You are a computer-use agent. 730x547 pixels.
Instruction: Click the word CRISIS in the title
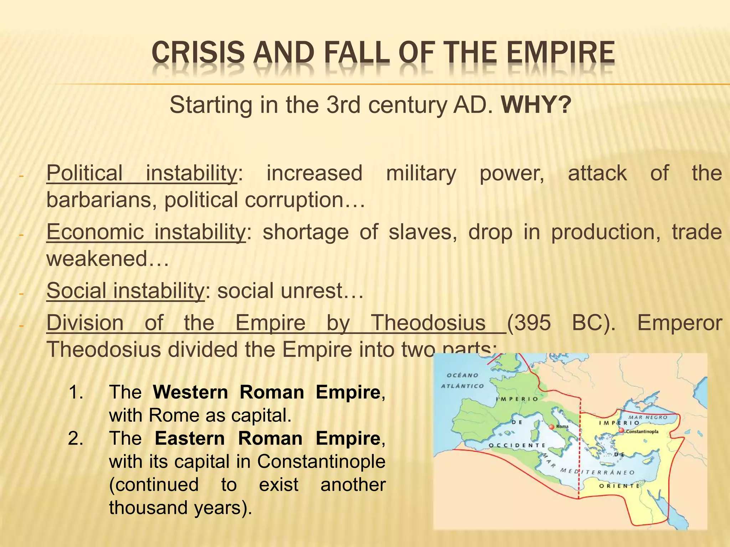tap(198, 53)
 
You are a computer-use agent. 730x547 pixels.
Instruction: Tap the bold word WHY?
tap(536, 105)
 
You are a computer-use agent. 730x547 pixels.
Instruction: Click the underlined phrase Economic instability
tap(146, 232)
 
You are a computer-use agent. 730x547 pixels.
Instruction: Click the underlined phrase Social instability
tap(125, 291)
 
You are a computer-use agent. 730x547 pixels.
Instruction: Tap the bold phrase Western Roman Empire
tap(267, 392)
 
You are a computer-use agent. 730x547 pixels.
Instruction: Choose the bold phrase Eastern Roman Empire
tap(267, 438)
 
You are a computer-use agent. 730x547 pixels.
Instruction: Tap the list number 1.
tap(76, 392)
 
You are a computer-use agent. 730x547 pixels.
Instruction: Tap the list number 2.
tap(76, 438)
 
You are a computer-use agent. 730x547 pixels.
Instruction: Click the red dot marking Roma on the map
tap(551, 426)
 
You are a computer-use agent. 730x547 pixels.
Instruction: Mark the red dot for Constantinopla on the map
tap(621, 431)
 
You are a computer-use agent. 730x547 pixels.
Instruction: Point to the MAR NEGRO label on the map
tap(647, 417)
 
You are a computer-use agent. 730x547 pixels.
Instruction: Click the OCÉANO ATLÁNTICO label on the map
tap(462, 380)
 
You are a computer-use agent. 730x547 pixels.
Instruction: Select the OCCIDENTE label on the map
tap(516, 446)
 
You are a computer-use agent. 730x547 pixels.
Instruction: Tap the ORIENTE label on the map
tap(619, 486)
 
